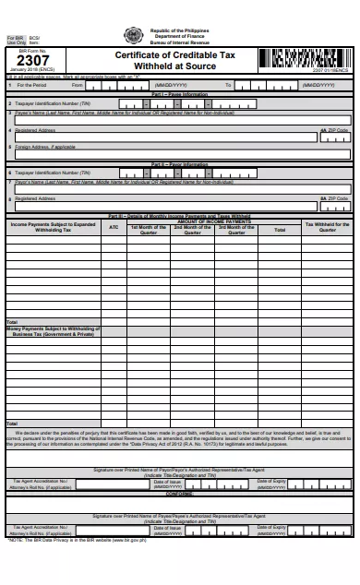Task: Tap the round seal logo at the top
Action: [x=128, y=37]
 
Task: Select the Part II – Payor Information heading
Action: [x=179, y=163]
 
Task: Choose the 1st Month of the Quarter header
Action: [x=148, y=228]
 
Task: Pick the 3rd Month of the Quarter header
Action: [x=236, y=228]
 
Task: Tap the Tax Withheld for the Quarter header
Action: [x=327, y=227]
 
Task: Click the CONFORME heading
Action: [x=179, y=492]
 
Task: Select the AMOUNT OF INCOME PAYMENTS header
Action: [x=213, y=221]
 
